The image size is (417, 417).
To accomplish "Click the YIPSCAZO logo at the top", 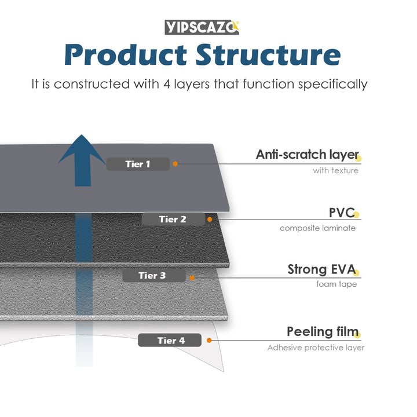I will click(x=202, y=27).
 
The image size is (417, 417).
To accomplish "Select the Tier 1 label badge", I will click(x=138, y=164).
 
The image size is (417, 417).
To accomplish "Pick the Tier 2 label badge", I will click(x=173, y=219).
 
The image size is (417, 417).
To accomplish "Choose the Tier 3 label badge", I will click(x=153, y=275).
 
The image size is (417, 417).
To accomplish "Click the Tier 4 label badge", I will click(x=170, y=341).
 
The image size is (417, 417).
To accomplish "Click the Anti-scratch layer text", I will click(x=307, y=155).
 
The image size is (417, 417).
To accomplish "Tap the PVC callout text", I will click(x=341, y=213).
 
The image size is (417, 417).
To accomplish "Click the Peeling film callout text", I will click(x=322, y=332).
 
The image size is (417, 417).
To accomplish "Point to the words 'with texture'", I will click(x=335, y=170).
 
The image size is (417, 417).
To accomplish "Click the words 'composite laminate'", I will click(x=317, y=228).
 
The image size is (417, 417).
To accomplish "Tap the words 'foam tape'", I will click(x=336, y=284).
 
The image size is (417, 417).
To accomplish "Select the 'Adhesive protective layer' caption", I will click(x=316, y=348).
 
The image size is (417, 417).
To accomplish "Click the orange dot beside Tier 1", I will click(x=175, y=164).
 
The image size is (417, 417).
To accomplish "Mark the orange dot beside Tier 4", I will click(x=207, y=341).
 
